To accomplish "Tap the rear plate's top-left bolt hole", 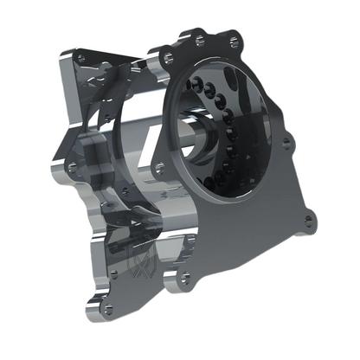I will click(x=81, y=57).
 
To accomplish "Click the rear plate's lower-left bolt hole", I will click(x=72, y=164).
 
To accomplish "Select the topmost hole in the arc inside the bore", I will click(x=197, y=80).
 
